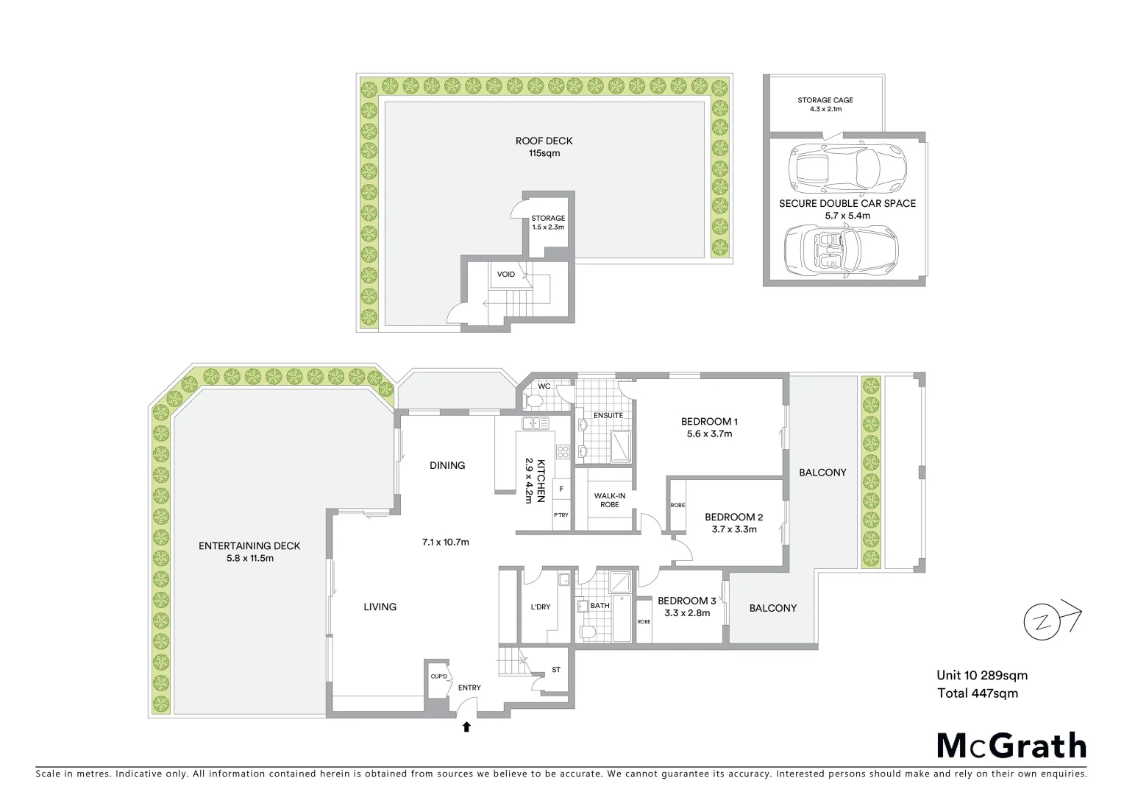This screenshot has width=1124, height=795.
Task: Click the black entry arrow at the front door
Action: pyautogui.click(x=466, y=727)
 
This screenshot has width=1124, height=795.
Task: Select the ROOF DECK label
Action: pyautogui.click(x=544, y=141)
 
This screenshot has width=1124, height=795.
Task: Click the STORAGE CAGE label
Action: pyautogui.click(x=825, y=100)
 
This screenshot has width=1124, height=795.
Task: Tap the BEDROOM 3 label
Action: pyautogui.click(x=686, y=601)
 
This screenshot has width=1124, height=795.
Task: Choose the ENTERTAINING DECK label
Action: pyautogui.click(x=249, y=545)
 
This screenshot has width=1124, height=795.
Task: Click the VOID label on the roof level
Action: pyautogui.click(x=505, y=275)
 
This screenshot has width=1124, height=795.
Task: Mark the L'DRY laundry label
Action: pyautogui.click(x=540, y=607)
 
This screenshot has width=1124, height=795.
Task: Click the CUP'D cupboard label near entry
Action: pyautogui.click(x=439, y=676)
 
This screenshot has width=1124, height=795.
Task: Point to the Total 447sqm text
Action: pyautogui.click(x=977, y=693)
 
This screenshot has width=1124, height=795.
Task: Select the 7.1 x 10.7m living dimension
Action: pyautogui.click(x=445, y=543)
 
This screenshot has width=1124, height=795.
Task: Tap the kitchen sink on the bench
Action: pyautogui.click(x=531, y=423)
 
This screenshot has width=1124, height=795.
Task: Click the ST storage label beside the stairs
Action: pyautogui.click(x=555, y=670)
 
